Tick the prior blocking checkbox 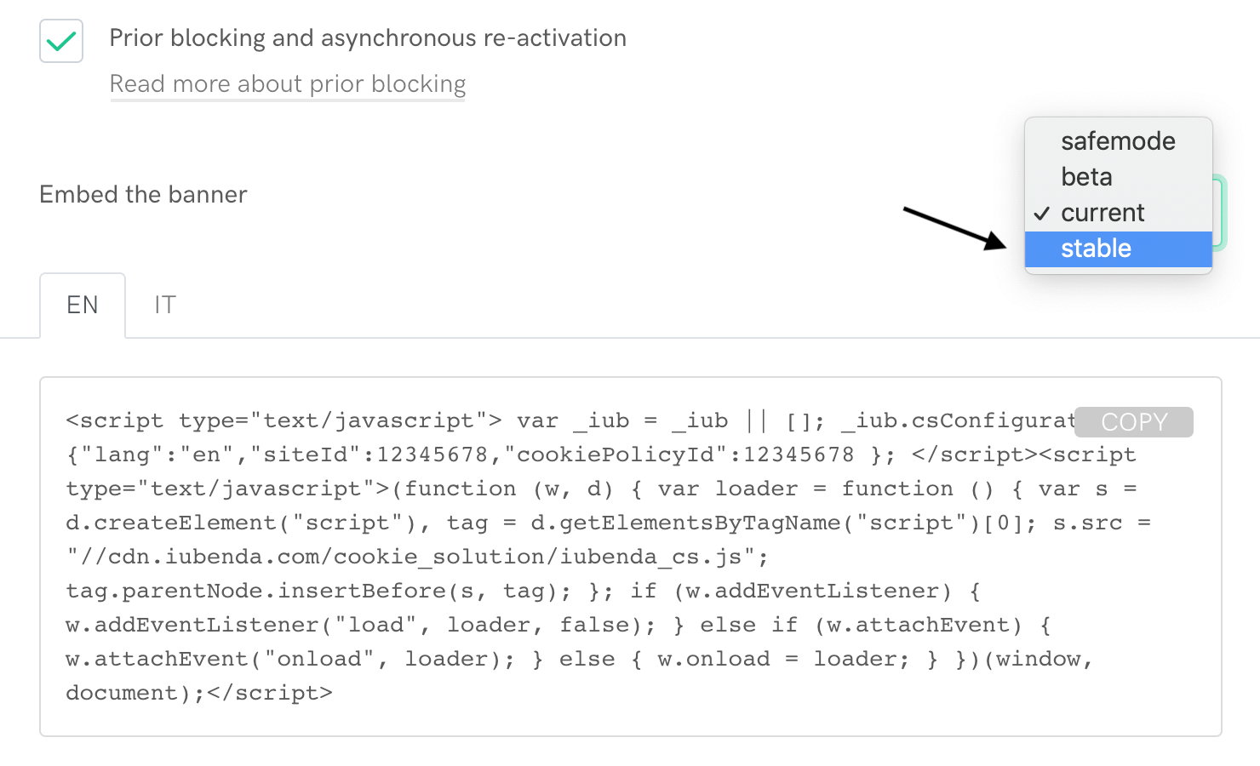[x=61, y=41]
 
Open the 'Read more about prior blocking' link [x=288, y=84]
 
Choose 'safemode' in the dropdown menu [x=1118, y=141]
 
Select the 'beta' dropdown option [x=1086, y=177]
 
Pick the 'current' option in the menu [x=1102, y=213]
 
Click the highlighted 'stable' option [x=1096, y=249]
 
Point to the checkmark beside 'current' [x=1042, y=213]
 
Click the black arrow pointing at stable [x=954, y=228]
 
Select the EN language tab [x=83, y=305]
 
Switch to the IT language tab [x=165, y=305]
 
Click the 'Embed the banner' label [x=143, y=195]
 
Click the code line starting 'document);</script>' [x=199, y=693]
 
